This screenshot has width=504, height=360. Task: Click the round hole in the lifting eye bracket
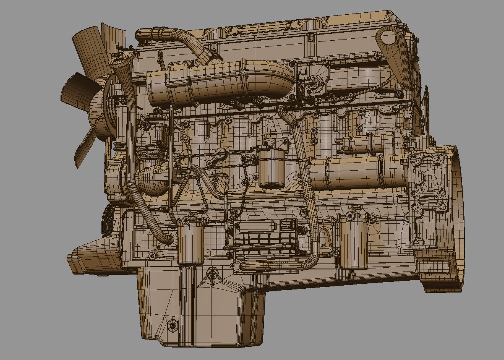tap(386, 37)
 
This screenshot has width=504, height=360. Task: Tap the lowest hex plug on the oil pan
tap(172, 324)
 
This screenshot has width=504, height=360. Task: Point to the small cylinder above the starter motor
tap(367, 144)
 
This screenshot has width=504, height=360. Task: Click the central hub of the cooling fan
tap(100, 100)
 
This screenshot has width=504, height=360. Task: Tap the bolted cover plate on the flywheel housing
tap(425, 197)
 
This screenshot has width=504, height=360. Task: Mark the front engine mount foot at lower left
tap(87, 258)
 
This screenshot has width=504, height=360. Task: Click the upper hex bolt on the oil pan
tap(211, 274)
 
